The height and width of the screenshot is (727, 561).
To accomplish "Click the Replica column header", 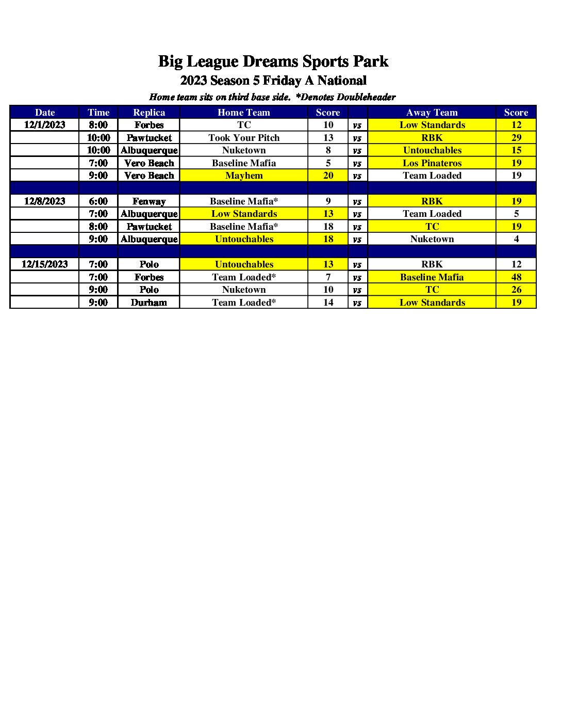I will coord(149,113).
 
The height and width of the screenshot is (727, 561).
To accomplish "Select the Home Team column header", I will coord(244,113).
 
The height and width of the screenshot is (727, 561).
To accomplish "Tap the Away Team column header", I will coord(432,113).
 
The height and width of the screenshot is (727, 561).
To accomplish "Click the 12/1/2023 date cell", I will coord(45,125).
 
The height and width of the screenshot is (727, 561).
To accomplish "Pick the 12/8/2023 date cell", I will coord(45,201).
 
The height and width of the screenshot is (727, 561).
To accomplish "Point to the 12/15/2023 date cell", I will coord(45,264).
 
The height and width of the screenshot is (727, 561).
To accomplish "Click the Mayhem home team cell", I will coord(244,176).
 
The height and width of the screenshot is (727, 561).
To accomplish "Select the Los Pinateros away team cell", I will coord(432,163).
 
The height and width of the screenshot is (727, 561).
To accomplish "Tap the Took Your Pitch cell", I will coord(244,138).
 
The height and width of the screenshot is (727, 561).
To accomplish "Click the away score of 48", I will coord(516,277).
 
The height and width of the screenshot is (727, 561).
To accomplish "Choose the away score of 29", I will coord(516,138).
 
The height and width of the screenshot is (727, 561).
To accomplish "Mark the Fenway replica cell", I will coord(149,201).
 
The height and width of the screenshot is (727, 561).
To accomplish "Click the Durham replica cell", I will coord(149,303).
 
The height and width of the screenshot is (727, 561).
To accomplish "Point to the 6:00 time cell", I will coord(98,201).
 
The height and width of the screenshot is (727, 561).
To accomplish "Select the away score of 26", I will coord(516,290).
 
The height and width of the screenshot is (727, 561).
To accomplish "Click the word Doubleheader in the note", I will coord(366,97).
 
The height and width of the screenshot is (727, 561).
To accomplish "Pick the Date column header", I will coord(45,113).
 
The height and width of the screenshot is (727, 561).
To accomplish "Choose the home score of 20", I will coord(328,176).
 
